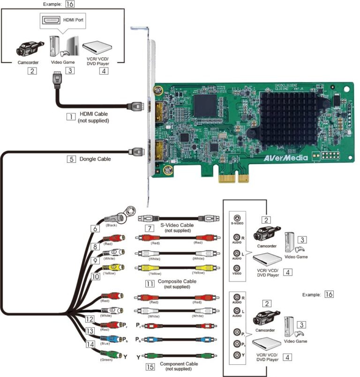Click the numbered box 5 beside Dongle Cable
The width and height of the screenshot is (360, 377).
coord(71,158)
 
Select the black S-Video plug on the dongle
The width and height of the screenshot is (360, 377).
coord(115,218)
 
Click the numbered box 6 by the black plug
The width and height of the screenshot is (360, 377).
coord(97,229)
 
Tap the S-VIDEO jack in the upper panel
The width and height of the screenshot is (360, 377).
coord(237,218)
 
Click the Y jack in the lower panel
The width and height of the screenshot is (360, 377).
coord(237,355)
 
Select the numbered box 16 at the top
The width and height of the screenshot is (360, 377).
coord(69,5)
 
